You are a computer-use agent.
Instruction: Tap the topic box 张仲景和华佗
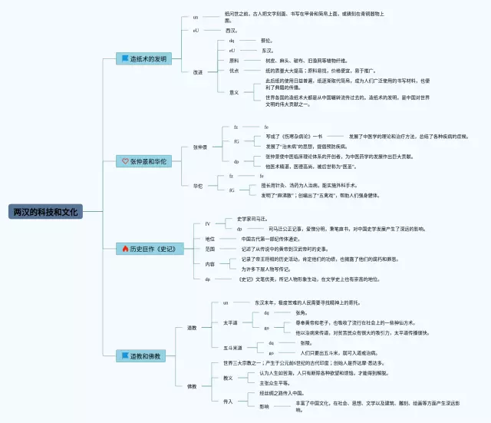coord(143,161)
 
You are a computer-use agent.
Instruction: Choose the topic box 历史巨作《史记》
coord(143,249)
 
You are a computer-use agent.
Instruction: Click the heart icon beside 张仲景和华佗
coord(125,161)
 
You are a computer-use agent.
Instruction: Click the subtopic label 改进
coord(198,71)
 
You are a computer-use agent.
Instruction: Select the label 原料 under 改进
coord(234,60)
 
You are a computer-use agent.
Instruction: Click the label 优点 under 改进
coord(234,70)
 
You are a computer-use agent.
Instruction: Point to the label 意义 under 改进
coord(234,91)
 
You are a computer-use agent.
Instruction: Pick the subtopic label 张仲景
coord(201,147)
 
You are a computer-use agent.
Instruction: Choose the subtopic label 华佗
coord(198,185)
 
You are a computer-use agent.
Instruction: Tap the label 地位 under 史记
coord(209,239)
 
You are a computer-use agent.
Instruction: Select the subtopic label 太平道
coord(230,323)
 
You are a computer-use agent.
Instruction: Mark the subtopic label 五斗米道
coord(232,348)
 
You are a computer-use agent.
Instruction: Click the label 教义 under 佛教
coord(228,378)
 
